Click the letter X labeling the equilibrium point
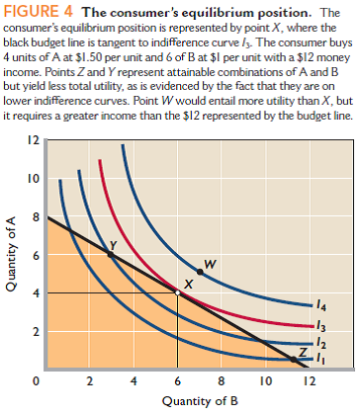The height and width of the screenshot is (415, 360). click(187, 283)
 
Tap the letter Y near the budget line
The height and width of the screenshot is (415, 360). click(114, 244)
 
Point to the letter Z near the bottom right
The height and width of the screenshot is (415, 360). click(303, 352)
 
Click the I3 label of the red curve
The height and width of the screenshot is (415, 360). click(318, 325)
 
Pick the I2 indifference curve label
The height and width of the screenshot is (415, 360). click(318, 343)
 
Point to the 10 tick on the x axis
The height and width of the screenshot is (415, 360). click(264, 380)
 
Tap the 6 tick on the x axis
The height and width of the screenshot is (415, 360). click(177, 380)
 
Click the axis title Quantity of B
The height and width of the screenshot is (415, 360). click(177, 402)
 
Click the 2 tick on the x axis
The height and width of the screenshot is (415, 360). click(90, 380)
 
